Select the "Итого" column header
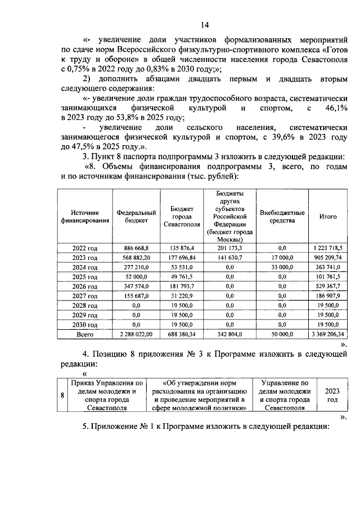(328, 217)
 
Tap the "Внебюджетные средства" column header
(282, 217)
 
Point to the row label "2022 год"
(85, 248)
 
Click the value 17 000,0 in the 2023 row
(282, 258)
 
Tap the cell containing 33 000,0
(282, 267)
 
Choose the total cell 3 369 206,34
(328, 334)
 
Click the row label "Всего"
(85, 334)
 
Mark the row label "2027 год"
(85, 296)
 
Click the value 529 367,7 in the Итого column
(328, 286)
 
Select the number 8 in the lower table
(62, 395)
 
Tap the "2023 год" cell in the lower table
(332, 395)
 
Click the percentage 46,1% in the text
(336, 107)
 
